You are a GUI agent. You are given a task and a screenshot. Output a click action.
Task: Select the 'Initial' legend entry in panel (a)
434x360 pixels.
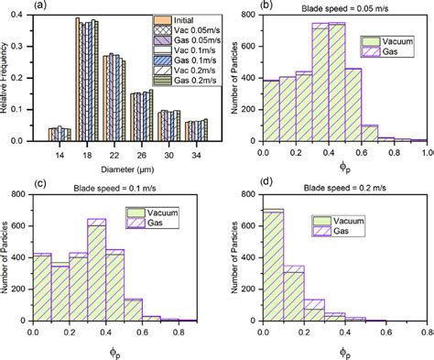pos(172,20)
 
